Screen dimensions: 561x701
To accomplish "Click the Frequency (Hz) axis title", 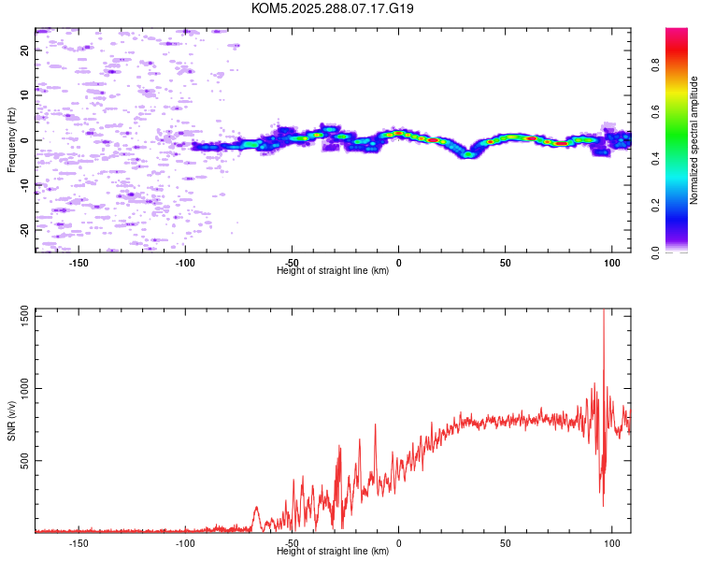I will pos(11,141).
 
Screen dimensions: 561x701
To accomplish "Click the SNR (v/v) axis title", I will pos(11,422).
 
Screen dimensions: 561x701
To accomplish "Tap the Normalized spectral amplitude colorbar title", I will pos(694,141).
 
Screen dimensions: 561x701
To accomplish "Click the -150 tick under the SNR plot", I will pos(79,543).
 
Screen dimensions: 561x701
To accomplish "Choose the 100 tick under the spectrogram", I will pos(612,263).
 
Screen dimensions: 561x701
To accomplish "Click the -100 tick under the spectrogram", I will pos(185,263).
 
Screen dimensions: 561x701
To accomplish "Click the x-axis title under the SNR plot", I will pos(333,552).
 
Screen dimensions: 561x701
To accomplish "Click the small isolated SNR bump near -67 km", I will pos(256,510).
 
